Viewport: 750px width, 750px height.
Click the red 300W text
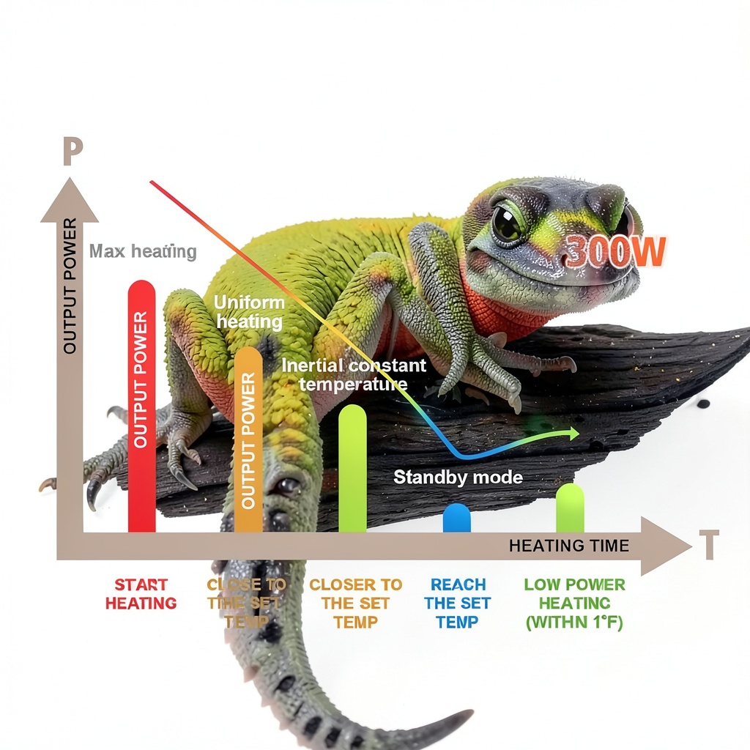click(x=616, y=251)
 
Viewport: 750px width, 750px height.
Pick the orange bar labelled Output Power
click(x=248, y=439)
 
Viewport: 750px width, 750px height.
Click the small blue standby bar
click(x=456, y=518)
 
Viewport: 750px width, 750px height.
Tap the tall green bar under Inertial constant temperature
click(x=352, y=469)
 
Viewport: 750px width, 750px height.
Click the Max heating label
click(x=143, y=252)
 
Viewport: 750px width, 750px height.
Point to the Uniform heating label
click(x=249, y=312)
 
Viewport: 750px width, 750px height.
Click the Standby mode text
click(x=458, y=478)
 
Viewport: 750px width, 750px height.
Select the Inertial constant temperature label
click(x=354, y=374)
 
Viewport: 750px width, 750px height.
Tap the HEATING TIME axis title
click(x=568, y=546)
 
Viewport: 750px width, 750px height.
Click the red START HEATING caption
click(x=141, y=594)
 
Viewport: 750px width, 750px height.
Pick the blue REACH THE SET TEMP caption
click(x=458, y=604)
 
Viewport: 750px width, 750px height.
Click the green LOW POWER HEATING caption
click(x=574, y=604)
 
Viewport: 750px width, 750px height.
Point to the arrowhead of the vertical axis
click(x=70, y=198)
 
